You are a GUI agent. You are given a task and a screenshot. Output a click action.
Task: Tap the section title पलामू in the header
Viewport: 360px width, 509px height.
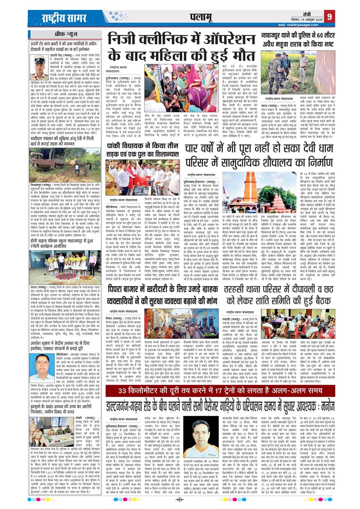[x=201, y=16]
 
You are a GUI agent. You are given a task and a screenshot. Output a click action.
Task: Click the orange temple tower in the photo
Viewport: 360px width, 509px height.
[x=250, y=188]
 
